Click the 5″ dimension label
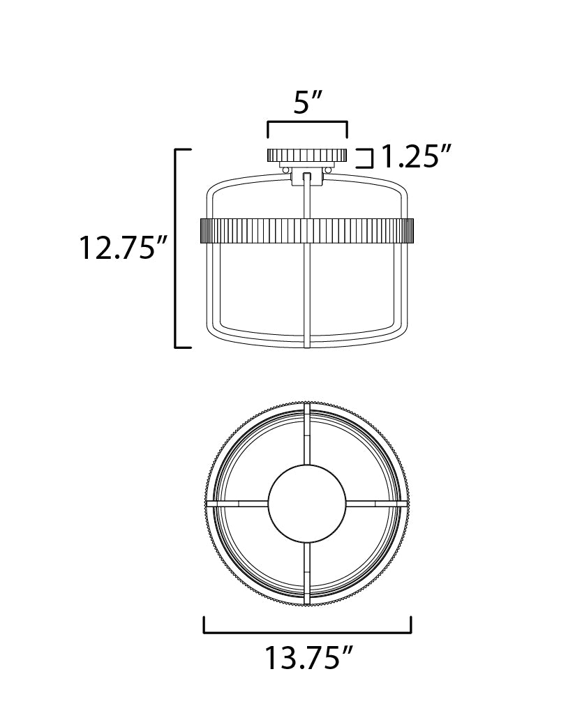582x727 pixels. point(308,103)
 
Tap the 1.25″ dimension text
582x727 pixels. point(415,156)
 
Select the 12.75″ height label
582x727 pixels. point(124,248)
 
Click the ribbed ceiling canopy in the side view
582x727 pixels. point(307,155)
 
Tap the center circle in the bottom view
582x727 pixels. point(307,504)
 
